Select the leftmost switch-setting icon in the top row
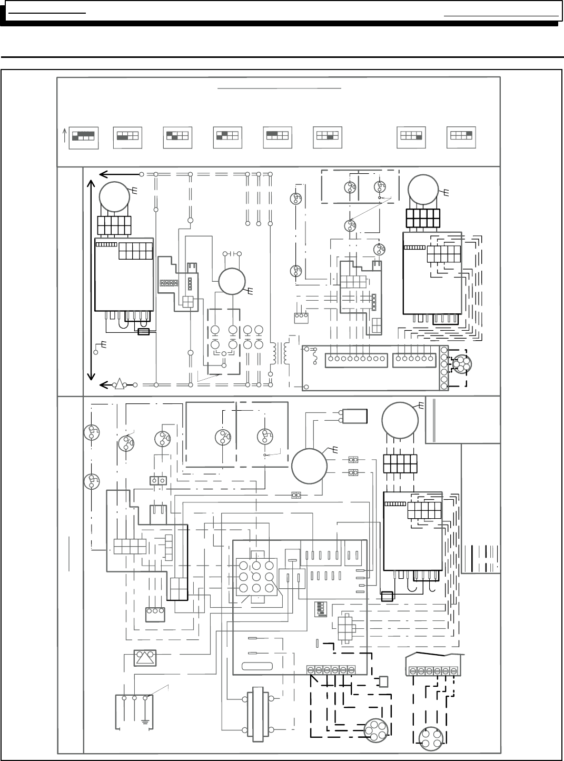84,137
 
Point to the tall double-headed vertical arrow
92,279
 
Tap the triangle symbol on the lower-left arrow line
120,384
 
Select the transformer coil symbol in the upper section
280,354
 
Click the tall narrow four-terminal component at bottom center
258,714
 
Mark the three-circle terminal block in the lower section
155,615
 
